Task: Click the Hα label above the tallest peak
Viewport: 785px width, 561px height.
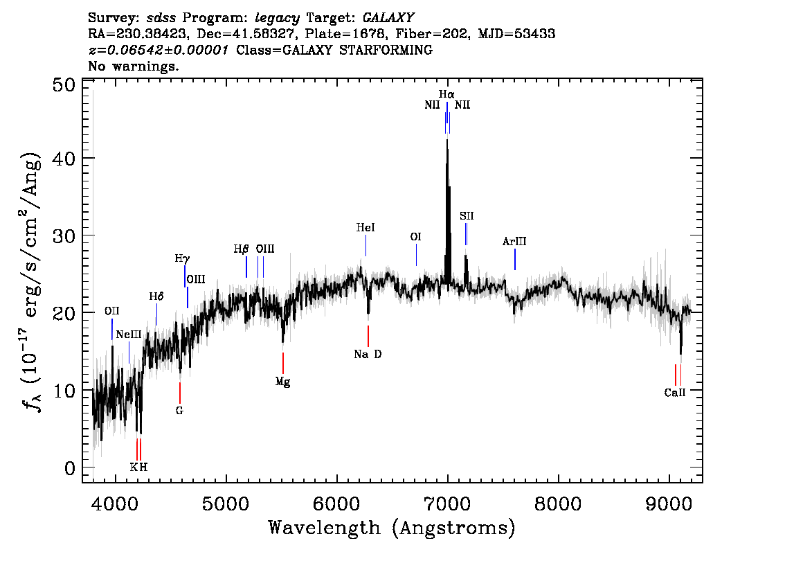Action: coord(446,93)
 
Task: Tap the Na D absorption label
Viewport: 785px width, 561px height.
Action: coord(368,355)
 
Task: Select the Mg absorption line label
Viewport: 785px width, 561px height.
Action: coord(282,382)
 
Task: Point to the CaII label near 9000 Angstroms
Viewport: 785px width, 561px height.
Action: coord(674,393)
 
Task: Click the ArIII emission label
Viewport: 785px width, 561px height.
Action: coord(514,242)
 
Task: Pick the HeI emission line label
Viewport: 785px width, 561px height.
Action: coord(366,227)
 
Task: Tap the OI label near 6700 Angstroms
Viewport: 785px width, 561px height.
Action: coord(415,237)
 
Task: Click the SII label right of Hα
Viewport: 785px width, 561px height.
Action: coord(467,216)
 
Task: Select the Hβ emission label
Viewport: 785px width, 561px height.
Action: coord(241,249)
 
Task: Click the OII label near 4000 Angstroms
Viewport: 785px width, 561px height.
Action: coord(111,311)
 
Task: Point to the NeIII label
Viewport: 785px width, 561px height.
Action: coord(129,335)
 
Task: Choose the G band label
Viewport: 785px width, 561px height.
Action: coord(179,410)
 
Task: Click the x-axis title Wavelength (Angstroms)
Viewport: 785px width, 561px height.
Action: coord(392,528)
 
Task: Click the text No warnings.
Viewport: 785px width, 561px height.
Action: coord(134,66)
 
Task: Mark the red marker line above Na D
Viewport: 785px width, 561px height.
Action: coord(368,336)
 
